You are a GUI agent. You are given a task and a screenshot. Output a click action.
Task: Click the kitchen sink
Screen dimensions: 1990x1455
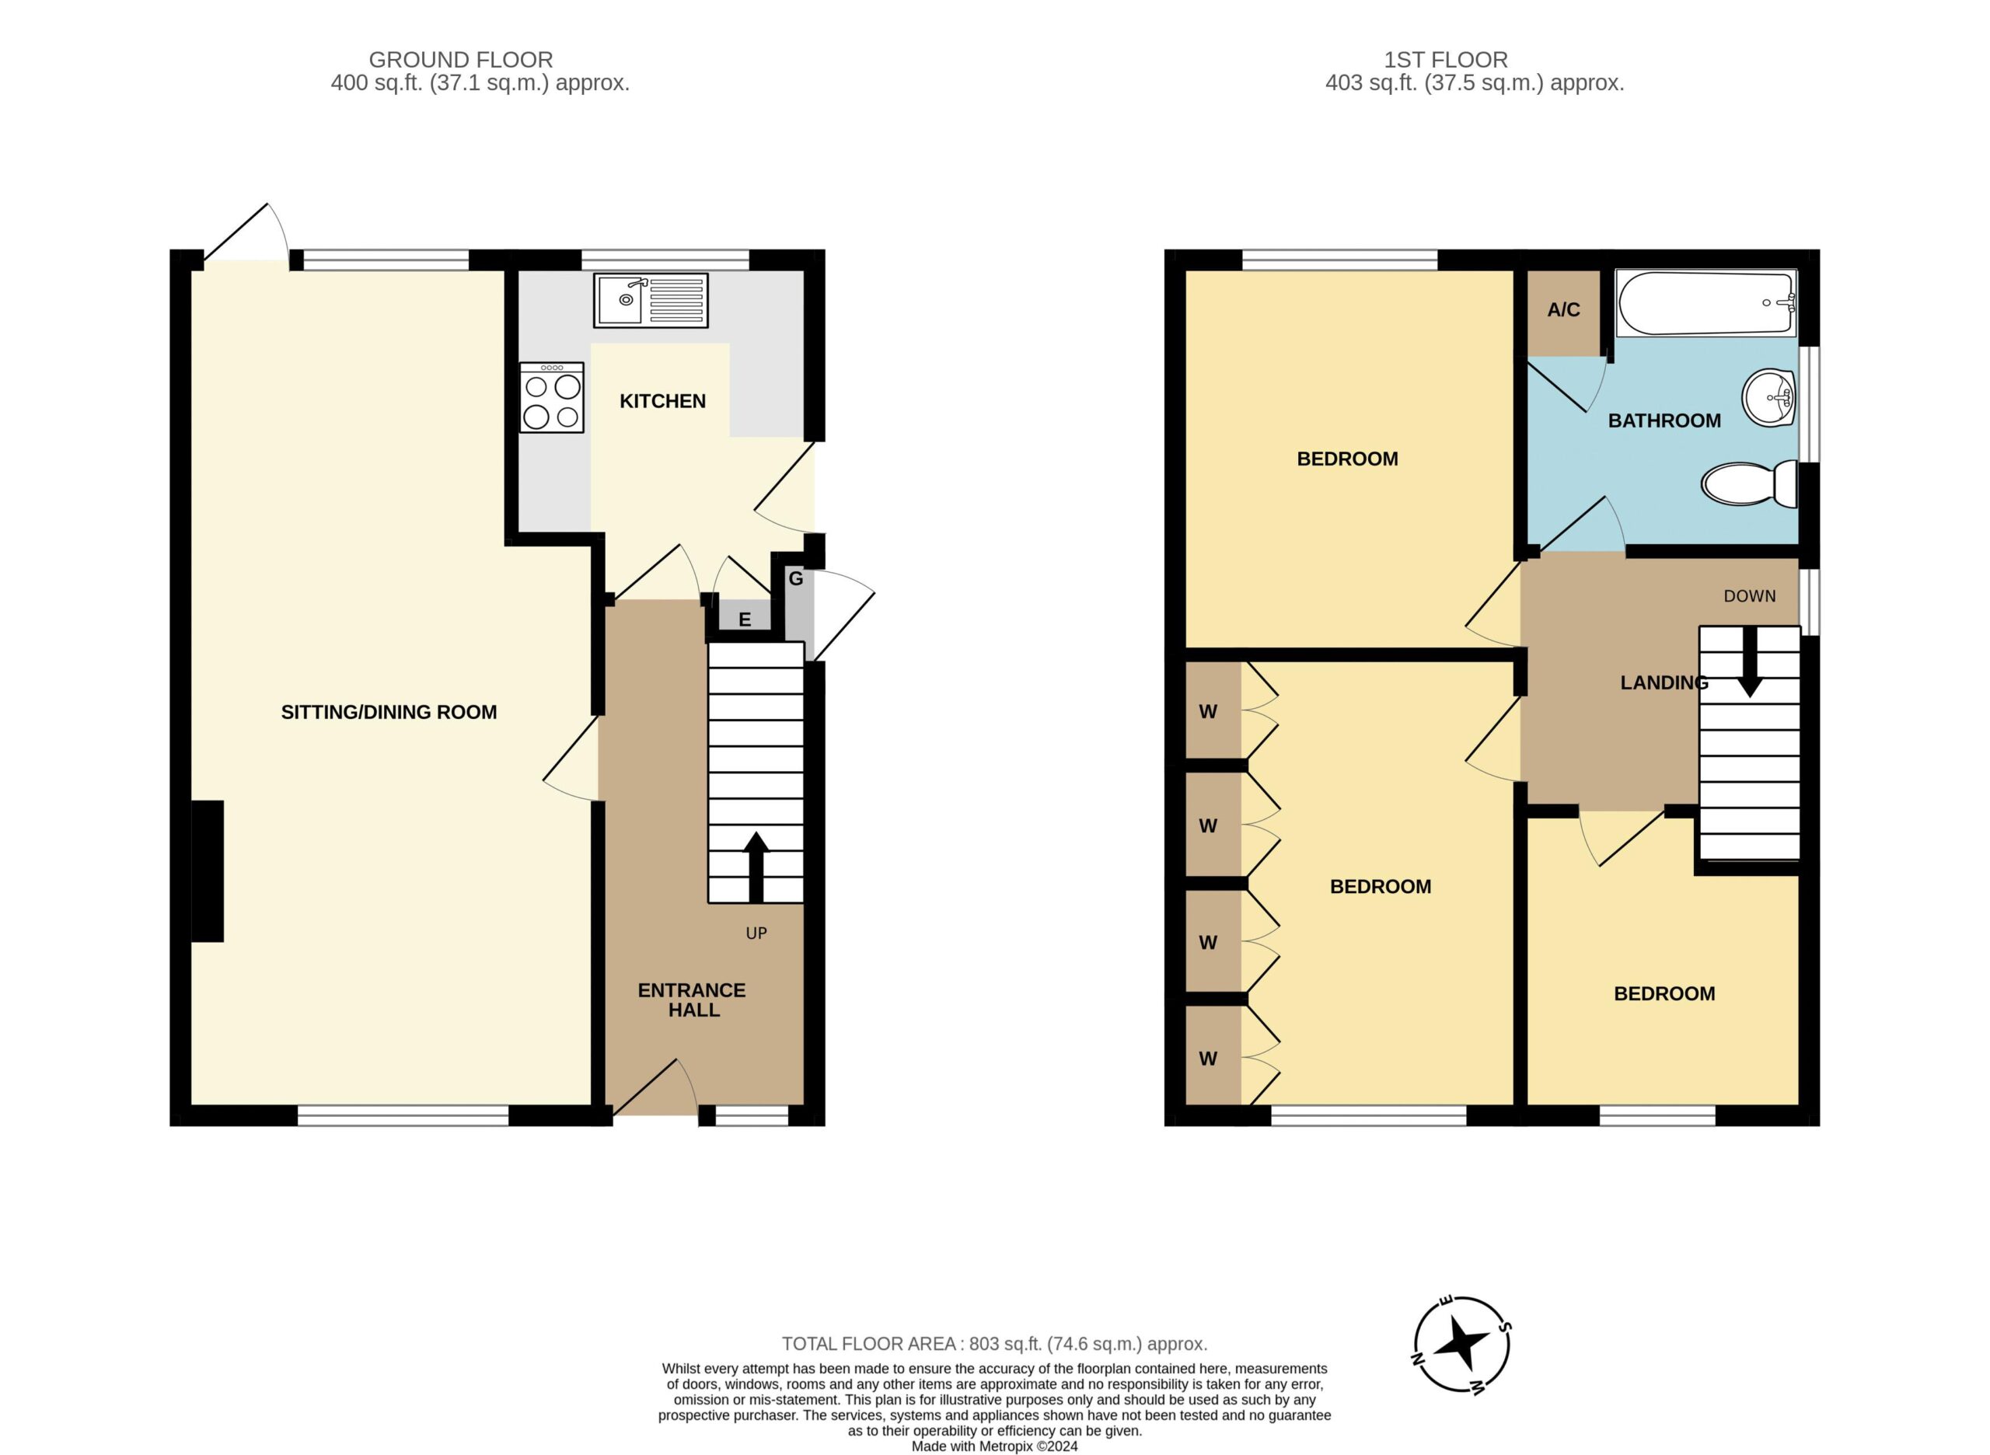click(x=651, y=300)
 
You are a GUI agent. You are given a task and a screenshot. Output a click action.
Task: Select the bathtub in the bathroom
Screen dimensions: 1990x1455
click(x=1705, y=303)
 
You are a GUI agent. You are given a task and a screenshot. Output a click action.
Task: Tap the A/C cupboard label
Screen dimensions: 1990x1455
click(x=1564, y=310)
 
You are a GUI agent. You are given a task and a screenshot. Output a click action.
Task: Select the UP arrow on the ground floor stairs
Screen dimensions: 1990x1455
click(x=756, y=867)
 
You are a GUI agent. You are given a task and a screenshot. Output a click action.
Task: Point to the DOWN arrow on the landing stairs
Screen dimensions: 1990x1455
click(x=1750, y=661)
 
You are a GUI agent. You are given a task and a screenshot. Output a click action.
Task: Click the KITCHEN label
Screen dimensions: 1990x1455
click(x=662, y=402)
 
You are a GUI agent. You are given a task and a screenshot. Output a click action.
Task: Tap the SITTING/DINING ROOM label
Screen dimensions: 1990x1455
click(x=389, y=713)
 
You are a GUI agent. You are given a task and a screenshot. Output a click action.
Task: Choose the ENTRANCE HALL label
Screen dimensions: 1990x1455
click(x=693, y=1000)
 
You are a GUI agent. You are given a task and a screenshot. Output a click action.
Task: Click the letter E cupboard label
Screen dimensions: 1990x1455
click(x=745, y=620)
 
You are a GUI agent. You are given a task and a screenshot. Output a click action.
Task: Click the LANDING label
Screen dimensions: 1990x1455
click(x=1664, y=682)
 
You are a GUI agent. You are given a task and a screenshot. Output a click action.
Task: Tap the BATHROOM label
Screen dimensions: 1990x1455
click(x=1664, y=421)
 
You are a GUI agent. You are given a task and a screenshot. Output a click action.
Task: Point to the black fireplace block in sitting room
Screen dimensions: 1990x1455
click(x=207, y=871)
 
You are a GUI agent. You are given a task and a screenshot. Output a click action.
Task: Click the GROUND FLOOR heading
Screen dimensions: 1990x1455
click(x=461, y=60)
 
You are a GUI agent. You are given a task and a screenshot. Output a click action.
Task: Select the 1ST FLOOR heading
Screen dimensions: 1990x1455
click(x=1446, y=60)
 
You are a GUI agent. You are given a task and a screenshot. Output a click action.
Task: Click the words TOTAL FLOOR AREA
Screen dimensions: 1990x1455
click(x=868, y=1344)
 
